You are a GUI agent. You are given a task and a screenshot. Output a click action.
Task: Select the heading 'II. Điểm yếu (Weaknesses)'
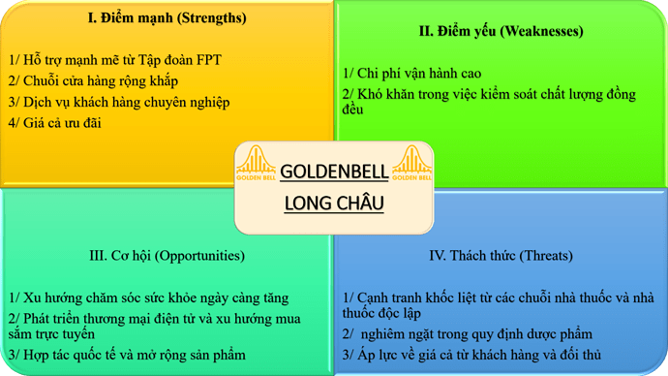[501, 31]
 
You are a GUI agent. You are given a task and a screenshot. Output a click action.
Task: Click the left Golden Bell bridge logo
[255, 166]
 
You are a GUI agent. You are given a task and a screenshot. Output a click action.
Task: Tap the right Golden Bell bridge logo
[411, 166]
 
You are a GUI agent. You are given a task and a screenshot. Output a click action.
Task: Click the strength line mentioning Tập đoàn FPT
[114, 60]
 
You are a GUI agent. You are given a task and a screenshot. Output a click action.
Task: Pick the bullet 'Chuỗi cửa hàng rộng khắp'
[93, 80]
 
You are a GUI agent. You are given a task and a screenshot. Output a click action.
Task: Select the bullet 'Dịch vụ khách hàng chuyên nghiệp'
[118, 102]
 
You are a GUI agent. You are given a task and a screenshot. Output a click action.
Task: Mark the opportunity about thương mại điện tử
[155, 326]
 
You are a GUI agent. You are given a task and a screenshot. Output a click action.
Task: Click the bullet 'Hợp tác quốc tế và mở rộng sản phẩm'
[126, 355]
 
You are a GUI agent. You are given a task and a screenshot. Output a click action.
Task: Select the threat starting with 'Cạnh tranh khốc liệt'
[499, 305]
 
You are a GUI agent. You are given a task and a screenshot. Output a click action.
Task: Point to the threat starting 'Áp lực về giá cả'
[471, 355]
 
